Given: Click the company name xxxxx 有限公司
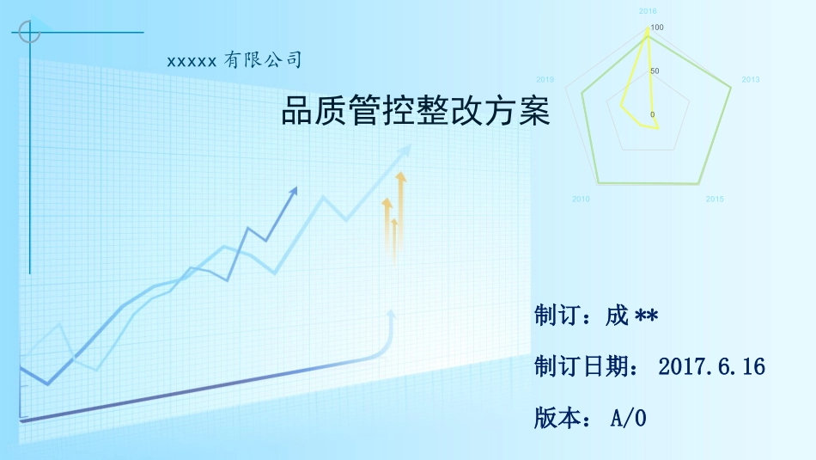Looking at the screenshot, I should [x=234, y=61].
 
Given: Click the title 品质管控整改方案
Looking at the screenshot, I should [x=415, y=112].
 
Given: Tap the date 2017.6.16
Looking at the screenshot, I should [x=711, y=367].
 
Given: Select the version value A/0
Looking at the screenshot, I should [x=628, y=419].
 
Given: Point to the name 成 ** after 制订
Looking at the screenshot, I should [x=631, y=316].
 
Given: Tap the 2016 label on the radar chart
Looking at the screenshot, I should [x=648, y=11].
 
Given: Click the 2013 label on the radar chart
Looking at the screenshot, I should [x=750, y=80].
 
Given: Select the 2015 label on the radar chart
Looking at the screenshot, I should [x=715, y=199].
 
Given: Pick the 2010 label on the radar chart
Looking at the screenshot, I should [x=581, y=199].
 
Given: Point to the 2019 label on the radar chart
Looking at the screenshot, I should [x=545, y=80].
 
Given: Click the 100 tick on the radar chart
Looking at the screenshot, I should [x=657, y=28].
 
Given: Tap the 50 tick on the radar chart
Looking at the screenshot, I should [x=655, y=71].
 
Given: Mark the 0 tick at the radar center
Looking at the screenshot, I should [x=652, y=114].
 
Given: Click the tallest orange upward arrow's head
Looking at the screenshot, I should [x=399, y=176].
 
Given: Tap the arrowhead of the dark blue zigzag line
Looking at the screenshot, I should [x=295, y=190].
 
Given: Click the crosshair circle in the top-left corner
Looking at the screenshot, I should [x=29, y=33].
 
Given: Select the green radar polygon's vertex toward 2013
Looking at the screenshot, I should [x=731, y=87].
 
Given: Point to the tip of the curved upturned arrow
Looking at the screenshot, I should [x=392, y=312].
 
